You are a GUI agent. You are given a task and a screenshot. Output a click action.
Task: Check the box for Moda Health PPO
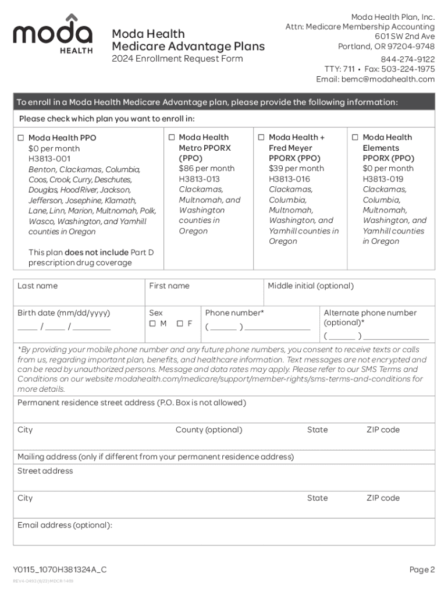click(x=21, y=138)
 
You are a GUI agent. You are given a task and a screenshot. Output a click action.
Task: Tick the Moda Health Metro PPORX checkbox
click(x=172, y=137)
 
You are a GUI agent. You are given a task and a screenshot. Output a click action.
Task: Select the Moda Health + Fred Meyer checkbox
click(x=262, y=137)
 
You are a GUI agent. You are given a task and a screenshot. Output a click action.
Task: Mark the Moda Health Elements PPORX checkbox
click(x=355, y=137)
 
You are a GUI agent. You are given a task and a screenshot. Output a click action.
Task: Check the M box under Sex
click(x=152, y=324)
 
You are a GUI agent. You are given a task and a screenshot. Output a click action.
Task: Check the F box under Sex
click(x=180, y=324)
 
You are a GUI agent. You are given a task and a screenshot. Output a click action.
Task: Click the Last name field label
click(x=37, y=286)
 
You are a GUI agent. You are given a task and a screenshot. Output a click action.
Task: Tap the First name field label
click(x=169, y=286)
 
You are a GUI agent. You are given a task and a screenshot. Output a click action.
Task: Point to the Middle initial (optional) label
click(x=310, y=286)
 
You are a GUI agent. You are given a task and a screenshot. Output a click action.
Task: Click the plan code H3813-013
click(x=199, y=179)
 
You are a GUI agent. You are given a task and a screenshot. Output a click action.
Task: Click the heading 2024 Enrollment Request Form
click(x=177, y=59)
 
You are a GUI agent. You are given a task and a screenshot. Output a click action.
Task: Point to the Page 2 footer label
click(x=421, y=570)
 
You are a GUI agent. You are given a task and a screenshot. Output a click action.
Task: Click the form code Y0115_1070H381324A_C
click(x=60, y=570)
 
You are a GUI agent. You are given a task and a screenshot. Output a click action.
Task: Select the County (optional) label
click(x=209, y=430)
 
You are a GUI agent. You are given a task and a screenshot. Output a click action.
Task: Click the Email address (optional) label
click(x=65, y=525)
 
